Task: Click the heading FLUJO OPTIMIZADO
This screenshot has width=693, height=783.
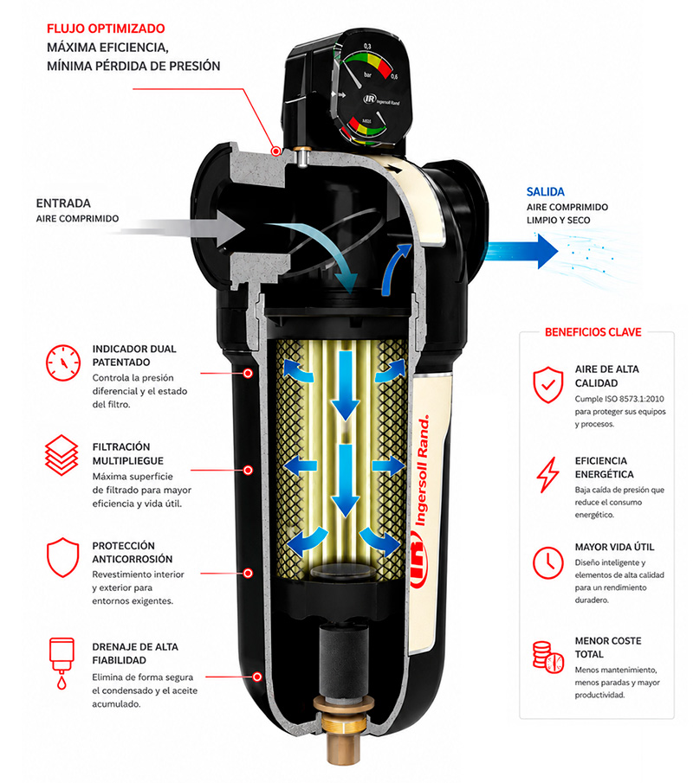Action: (106, 29)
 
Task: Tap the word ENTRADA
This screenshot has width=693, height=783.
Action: (63, 203)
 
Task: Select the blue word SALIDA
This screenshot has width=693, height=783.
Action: (545, 192)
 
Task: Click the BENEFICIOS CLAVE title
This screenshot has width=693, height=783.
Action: (593, 332)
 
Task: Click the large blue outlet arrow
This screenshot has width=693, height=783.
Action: (522, 250)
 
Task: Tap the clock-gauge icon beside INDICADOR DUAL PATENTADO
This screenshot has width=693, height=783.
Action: (63, 363)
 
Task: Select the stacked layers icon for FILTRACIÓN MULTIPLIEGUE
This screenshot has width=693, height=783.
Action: (62, 455)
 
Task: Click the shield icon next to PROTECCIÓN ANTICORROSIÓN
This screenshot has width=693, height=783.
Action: (63, 557)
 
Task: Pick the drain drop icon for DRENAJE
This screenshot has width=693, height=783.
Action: (62, 664)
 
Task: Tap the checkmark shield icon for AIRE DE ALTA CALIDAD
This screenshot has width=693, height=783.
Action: (548, 384)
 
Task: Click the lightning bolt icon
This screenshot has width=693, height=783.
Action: (548, 475)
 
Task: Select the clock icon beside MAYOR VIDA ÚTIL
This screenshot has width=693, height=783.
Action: (548, 562)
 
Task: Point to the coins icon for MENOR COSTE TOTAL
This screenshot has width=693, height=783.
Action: (547, 658)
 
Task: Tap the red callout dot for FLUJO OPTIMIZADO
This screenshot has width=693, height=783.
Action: (275, 151)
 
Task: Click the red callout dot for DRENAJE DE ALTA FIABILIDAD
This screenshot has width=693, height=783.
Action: (257, 677)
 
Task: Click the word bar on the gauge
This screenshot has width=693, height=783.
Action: (368, 75)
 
